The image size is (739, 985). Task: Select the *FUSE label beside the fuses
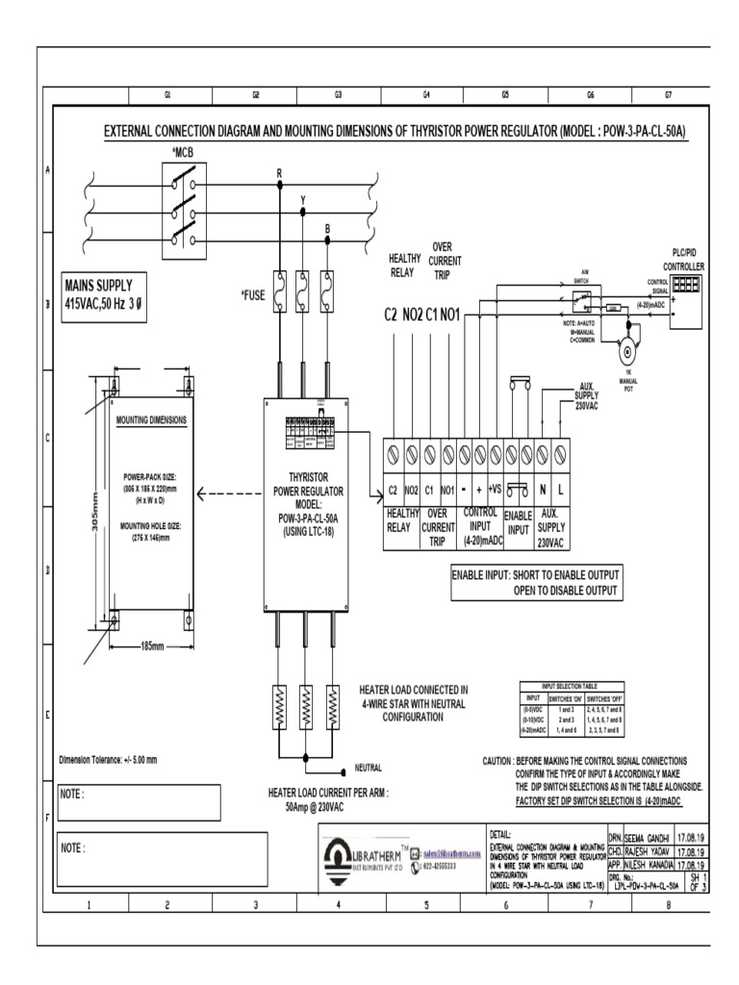coord(253,295)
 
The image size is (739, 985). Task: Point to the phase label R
coord(279,173)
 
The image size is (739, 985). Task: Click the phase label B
coord(327,227)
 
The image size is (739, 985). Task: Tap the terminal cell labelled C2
coord(393,491)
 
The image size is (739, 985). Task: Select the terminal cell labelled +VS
coord(496,491)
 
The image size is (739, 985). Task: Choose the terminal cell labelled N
coord(543,491)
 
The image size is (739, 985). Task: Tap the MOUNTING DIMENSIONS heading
coord(151,420)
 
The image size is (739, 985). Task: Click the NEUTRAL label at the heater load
coord(369,768)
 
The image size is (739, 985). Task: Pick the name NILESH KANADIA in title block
coord(650,864)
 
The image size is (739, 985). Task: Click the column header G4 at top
coord(425,95)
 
